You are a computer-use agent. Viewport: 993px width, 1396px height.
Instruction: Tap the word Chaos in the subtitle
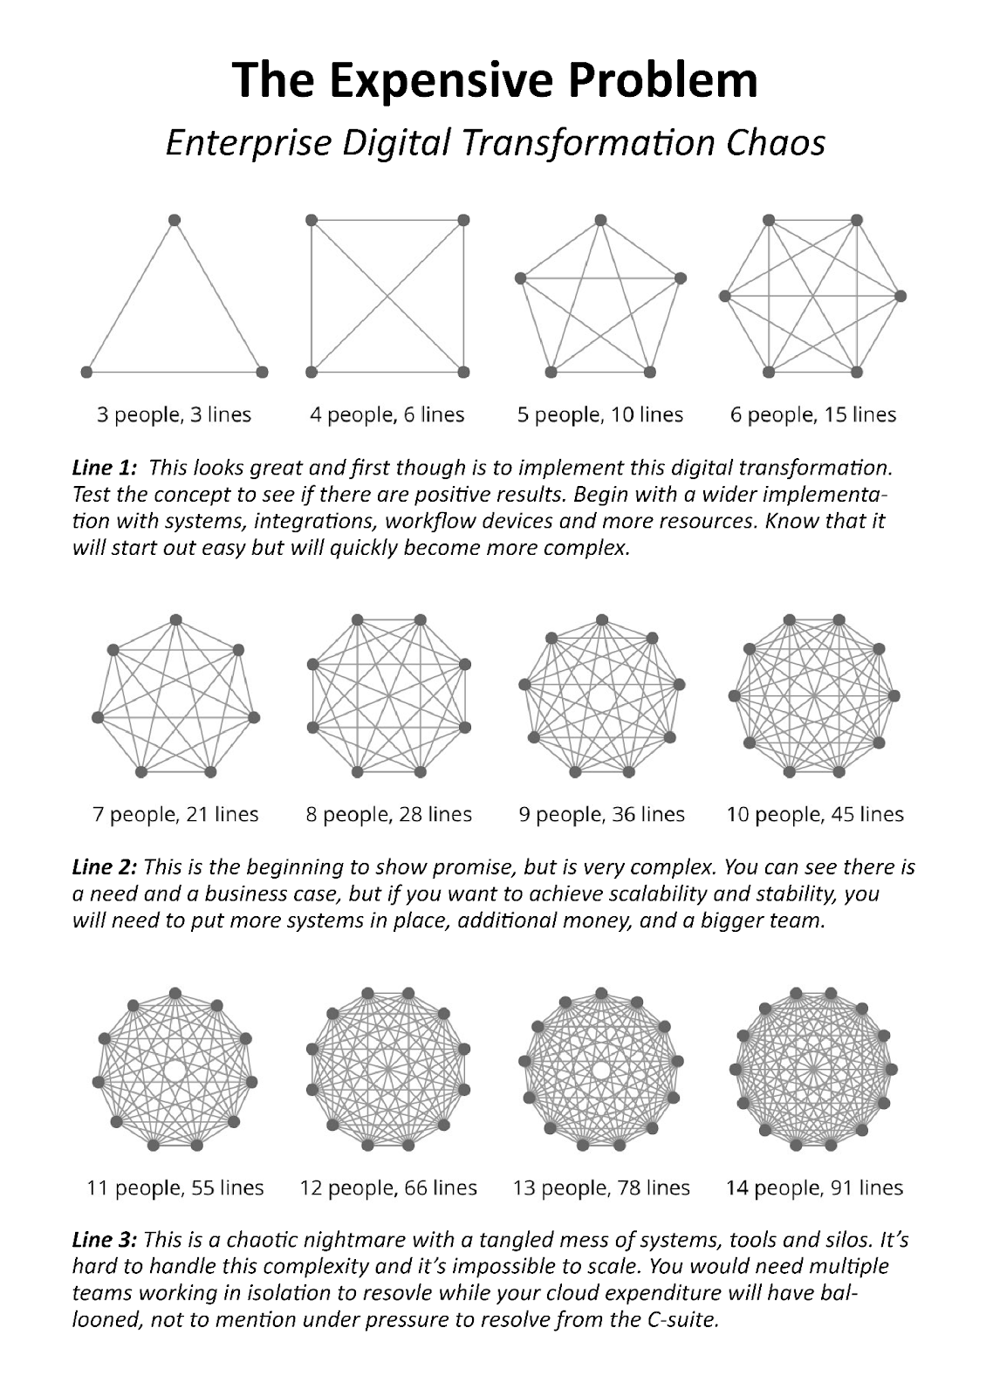tap(782, 143)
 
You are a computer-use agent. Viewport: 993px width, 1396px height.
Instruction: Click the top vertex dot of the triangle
tap(174, 219)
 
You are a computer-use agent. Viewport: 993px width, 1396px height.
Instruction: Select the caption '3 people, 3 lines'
tap(174, 414)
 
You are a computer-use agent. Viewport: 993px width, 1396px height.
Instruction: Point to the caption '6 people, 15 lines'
tap(813, 414)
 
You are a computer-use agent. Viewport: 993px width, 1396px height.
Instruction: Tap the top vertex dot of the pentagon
tap(600, 220)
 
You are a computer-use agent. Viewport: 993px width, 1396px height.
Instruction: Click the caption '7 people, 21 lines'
tap(175, 814)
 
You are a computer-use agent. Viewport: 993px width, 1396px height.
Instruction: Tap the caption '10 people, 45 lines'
tap(815, 814)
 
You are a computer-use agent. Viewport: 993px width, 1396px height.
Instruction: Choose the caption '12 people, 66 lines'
tap(388, 1187)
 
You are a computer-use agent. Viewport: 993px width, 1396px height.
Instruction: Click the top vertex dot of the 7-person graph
tap(175, 619)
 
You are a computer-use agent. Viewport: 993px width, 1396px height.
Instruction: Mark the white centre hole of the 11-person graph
tap(175, 1071)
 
